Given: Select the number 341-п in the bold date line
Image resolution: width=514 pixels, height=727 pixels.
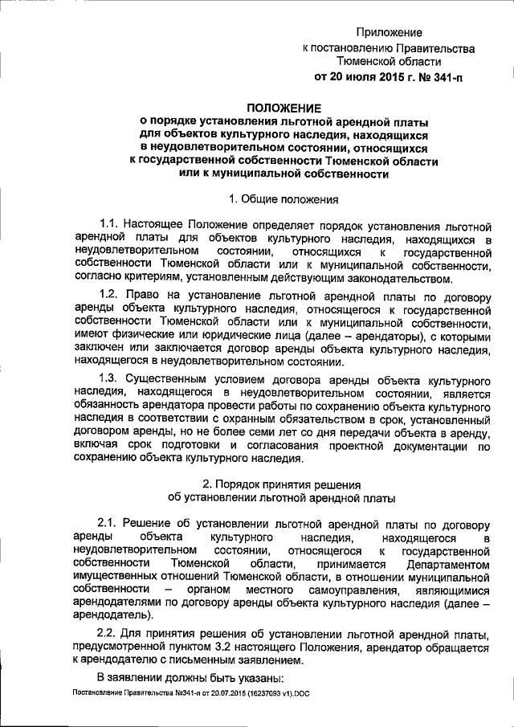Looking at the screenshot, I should pyautogui.click(x=446, y=78).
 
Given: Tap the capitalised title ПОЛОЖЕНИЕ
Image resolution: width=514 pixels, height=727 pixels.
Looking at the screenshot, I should pyautogui.click(x=284, y=108).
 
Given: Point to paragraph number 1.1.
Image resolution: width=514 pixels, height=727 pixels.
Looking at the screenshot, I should pyautogui.click(x=112, y=223).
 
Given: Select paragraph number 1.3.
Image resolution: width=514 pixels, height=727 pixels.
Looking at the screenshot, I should pyautogui.click(x=112, y=379).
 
